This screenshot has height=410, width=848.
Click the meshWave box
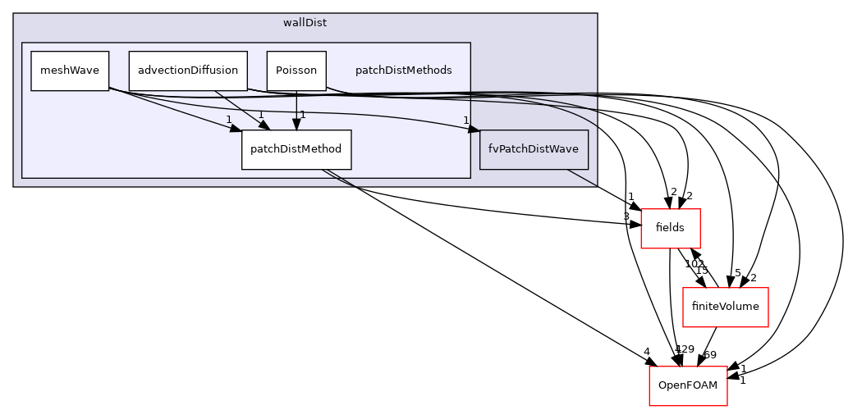70,71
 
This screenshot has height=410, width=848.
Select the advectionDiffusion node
188,71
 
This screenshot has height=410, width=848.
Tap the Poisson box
296,71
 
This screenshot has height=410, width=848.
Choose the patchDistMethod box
296,150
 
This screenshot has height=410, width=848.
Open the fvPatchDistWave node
534,149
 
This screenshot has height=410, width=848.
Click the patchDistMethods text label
403,71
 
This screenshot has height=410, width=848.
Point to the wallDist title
305,23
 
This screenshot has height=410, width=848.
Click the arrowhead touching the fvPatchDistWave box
474,128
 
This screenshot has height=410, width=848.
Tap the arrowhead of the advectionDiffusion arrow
264,125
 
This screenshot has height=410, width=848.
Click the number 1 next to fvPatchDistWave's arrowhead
465,121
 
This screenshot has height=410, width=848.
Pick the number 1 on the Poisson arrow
303,115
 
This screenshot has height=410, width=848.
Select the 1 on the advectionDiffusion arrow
261,115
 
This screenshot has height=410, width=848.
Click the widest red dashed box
725,307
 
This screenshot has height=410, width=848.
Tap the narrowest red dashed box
670,229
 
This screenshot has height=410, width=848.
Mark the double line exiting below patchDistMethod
338,178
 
